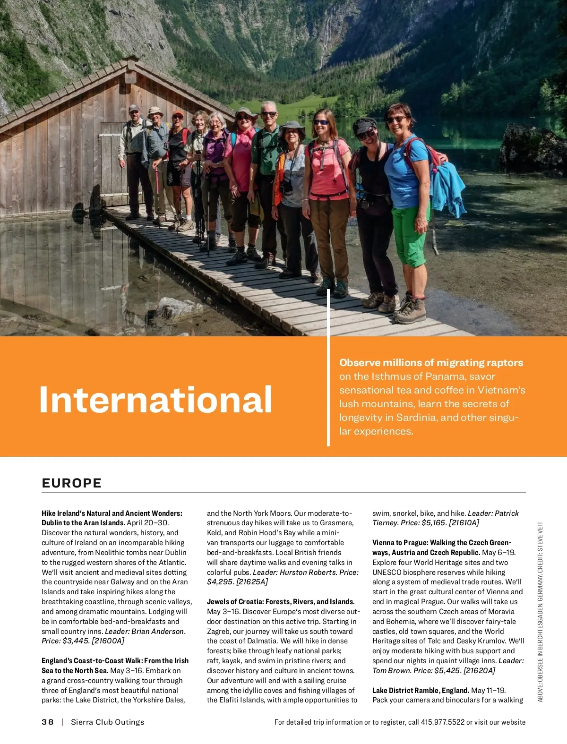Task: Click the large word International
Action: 155,400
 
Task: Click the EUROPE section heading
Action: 72,483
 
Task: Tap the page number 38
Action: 47,722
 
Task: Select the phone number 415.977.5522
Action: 443,722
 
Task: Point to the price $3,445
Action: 76,641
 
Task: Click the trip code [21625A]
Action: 252,582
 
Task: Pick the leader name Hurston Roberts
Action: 308,573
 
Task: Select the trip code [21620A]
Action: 479,671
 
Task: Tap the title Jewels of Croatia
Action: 235,602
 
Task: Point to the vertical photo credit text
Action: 541,612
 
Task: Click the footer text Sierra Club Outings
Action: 107,722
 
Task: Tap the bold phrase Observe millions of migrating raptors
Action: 431,363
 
